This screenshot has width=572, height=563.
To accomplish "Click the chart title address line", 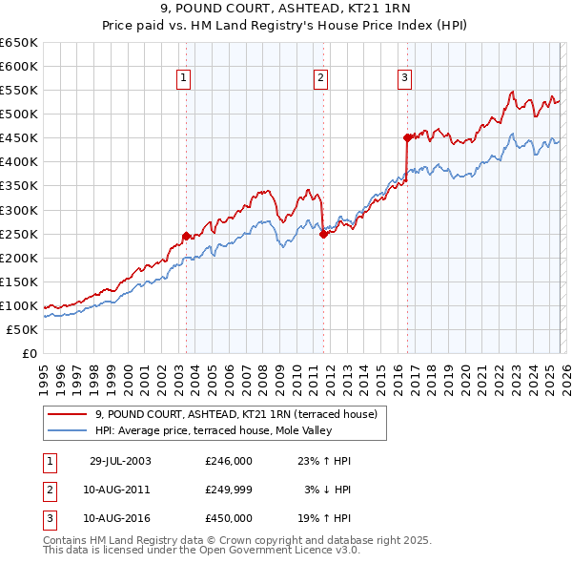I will point(285,9).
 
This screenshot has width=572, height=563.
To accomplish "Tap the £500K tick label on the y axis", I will point(19,114).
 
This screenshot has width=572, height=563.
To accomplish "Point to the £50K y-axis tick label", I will point(22,329).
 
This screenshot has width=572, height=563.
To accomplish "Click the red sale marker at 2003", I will point(187,235).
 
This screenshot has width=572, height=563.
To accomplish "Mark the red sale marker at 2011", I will point(323,233).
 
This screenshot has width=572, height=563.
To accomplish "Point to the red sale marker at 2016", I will point(407,137).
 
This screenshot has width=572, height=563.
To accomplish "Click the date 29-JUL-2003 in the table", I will point(120,461).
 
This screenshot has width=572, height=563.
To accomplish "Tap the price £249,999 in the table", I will point(229,490).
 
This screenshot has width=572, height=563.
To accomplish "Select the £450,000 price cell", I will point(229,518).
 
